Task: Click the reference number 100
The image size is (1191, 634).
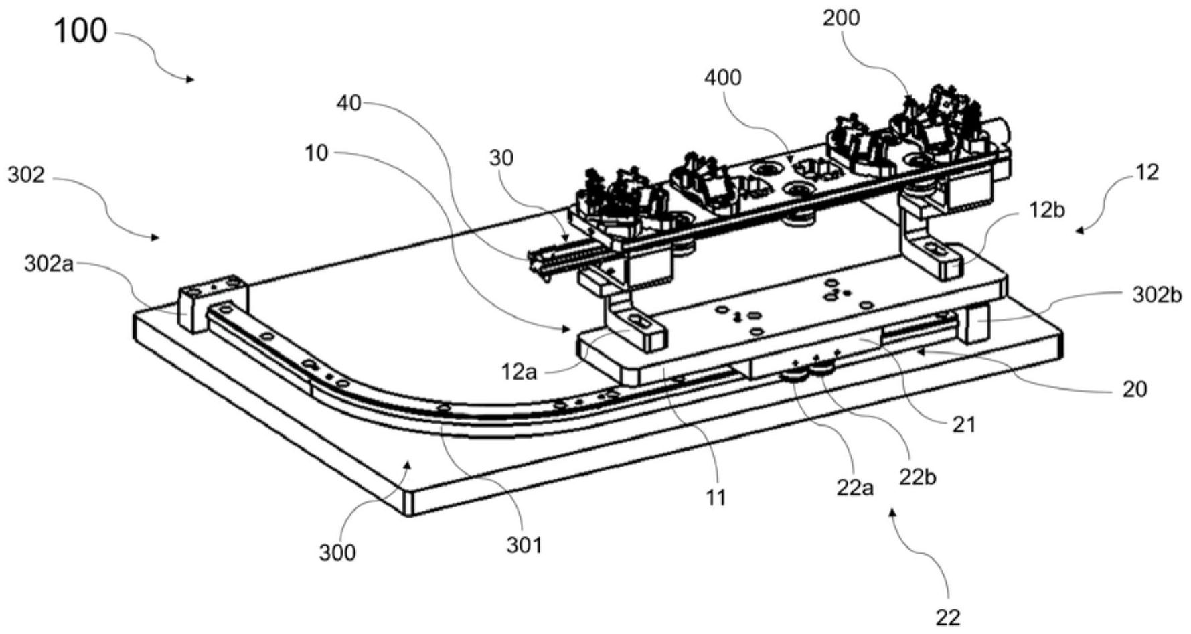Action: pyautogui.click(x=80, y=31)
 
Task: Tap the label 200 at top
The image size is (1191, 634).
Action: pyautogui.click(x=841, y=19)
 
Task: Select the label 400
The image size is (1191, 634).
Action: pyautogui.click(x=723, y=78)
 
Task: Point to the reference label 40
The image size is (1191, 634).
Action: pyautogui.click(x=348, y=103)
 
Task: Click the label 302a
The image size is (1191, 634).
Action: pyautogui.click(x=49, y=264)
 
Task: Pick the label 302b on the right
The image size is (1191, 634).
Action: pyautogui.click(x=1157, y=295)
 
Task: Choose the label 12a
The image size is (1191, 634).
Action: pyautogui.click(x=519, y=371)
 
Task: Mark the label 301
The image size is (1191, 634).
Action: pyautogui.click(x=524, y=546)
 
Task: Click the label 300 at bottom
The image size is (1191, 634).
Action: pyautogui.click(x=337, y=553)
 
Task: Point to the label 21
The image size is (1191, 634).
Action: pyautogui.click(x=964, y=424)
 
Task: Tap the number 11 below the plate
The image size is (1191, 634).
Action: pyautogui.click(x=716, y=498)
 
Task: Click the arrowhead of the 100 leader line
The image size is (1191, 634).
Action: pyautogui.click(x=193, y=80)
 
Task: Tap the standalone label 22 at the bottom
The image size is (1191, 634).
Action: pyautogui.click(x=947, y=617)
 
